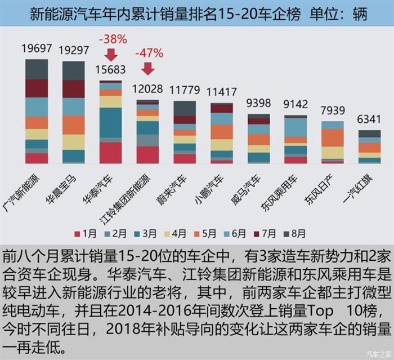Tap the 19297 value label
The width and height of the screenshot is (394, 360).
coord(74,50)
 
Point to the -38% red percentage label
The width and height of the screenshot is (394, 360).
coord(113,40)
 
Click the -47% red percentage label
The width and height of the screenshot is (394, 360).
coord(149,54)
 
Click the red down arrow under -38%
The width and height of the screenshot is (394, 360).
coord(111,55)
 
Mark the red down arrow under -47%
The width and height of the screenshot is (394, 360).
coord(147,68)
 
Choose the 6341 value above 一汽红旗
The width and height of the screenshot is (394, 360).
coord(369,121)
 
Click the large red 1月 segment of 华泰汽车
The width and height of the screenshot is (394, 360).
coord(110,153)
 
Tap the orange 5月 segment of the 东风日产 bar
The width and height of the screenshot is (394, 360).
coord(332,137)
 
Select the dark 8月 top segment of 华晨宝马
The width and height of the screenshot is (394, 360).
coord(74,70)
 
